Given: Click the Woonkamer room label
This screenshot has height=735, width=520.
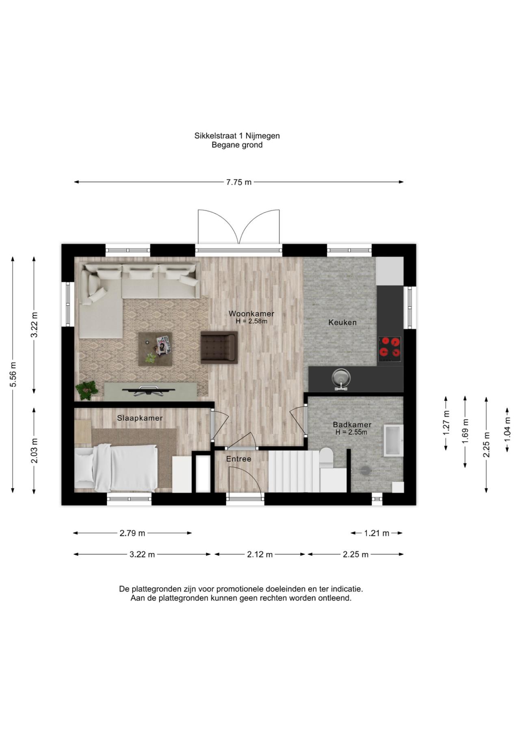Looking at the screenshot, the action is (251, 313).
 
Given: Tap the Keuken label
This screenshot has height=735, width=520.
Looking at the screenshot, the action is (342, 322).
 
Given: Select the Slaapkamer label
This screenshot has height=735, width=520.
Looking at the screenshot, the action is (140, 418).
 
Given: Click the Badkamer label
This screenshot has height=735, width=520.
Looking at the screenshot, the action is (352, 425).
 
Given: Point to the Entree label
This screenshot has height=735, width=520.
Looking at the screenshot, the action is (238, 459).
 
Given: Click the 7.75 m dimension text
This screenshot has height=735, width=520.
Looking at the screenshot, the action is (239, 182).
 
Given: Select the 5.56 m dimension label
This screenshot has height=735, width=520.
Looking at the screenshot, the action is (13, 374).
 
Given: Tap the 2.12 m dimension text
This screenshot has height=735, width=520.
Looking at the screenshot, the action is (260, 554).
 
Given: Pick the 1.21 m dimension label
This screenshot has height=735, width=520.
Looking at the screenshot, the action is (377, 533).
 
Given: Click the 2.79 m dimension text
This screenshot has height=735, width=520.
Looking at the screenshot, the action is (132, 533).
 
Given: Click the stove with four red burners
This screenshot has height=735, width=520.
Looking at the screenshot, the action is (390, 349).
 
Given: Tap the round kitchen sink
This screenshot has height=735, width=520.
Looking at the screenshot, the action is (340, 378).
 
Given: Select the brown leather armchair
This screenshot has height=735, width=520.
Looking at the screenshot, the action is (219, 347).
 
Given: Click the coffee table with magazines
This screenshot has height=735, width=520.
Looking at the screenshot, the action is (155, 349).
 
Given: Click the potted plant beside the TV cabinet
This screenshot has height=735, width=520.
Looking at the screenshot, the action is (87, 390).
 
